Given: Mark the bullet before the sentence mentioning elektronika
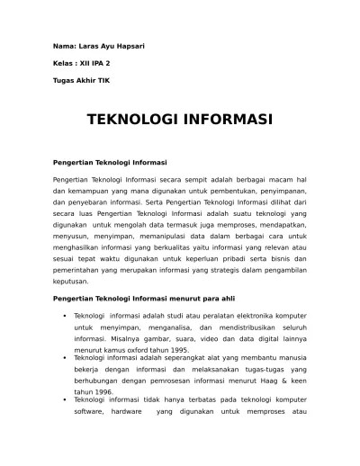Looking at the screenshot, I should [64, 316].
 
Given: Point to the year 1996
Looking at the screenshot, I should [100, 391].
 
